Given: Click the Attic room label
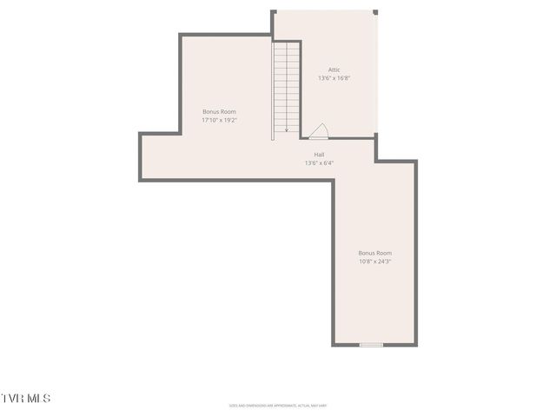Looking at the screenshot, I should pyautogui.click(x=334, y=69).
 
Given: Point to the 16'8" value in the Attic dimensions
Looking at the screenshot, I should pyautogui.click(x=342, y=78).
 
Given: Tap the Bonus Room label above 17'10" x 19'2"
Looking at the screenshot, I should pyautogui.click(x=219, y=111).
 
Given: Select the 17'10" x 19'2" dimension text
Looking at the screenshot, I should pyautogui.click(x=219, y=120).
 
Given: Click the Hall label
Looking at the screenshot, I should pyautogui.click(x=319, y=154).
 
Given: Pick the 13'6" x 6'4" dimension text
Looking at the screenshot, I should pyautogui.click(x=319, y=162).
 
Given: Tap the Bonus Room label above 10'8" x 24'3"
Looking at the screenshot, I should pyautogui.click(x=375, y=253).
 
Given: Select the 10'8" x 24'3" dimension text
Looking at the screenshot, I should pyautogui.click(x=375, y=261).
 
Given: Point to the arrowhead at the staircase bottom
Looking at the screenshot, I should pyautogui.click(x=287, y=129).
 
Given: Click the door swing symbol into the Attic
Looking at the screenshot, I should pyautogui.click(x=319, y=131).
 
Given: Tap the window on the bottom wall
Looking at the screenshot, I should pyautogui.click(x=371, y=345).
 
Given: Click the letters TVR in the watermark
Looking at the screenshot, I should pyautogui.click(x=12, y=398).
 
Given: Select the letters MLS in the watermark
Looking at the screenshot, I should pyautogui.click(x=38, y=398).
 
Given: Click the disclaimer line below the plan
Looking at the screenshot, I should pyautogui.click(x=277, y=405).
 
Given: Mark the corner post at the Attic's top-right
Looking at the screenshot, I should pyautogui.click(x=375, y=12).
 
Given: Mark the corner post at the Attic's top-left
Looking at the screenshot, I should pyautogui.click(x=274, y=12).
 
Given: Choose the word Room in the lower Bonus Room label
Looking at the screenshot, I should pyautogui.click(x=384, y=253).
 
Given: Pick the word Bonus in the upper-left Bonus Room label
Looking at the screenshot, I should pyautogui.click(x=210, y=111).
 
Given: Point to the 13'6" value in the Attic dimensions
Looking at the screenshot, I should pyautogui.click(x=324, y=78).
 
